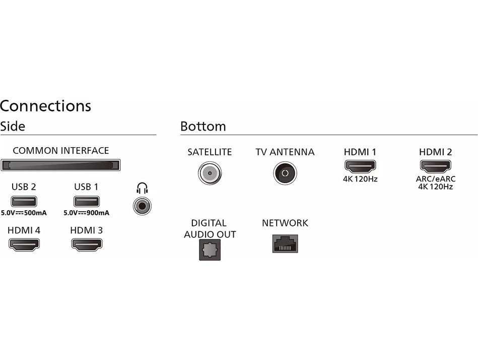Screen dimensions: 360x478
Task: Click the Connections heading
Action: (x=45, y=106)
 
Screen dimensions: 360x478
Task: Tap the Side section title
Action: (x=13, y=126)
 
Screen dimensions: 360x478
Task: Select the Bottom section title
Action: (x=203, y=126)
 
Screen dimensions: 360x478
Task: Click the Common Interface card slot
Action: (x=60, y=165)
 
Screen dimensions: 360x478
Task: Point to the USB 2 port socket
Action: (x=24, y=201)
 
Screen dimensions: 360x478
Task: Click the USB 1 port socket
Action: (x=86, y=201)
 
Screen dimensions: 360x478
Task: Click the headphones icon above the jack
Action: (x=143, y=189)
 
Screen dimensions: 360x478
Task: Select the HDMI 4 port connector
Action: (x=24, y=245)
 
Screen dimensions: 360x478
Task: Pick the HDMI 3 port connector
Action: (x=87, y=245)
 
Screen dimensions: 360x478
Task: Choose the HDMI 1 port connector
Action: (x=360, y=166)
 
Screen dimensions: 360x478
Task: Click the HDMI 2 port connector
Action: (x=435, y=166)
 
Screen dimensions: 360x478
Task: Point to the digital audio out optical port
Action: (x=210, y=250)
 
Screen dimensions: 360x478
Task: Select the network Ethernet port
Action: (x=285, y=244)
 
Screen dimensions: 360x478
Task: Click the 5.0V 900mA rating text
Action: (x=86, y=213)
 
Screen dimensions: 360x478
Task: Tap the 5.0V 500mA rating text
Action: (x=24, y=213)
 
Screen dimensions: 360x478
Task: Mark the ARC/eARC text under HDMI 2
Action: (x=435, y=179)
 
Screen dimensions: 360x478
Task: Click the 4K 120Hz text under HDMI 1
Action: (x=360, y=179)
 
